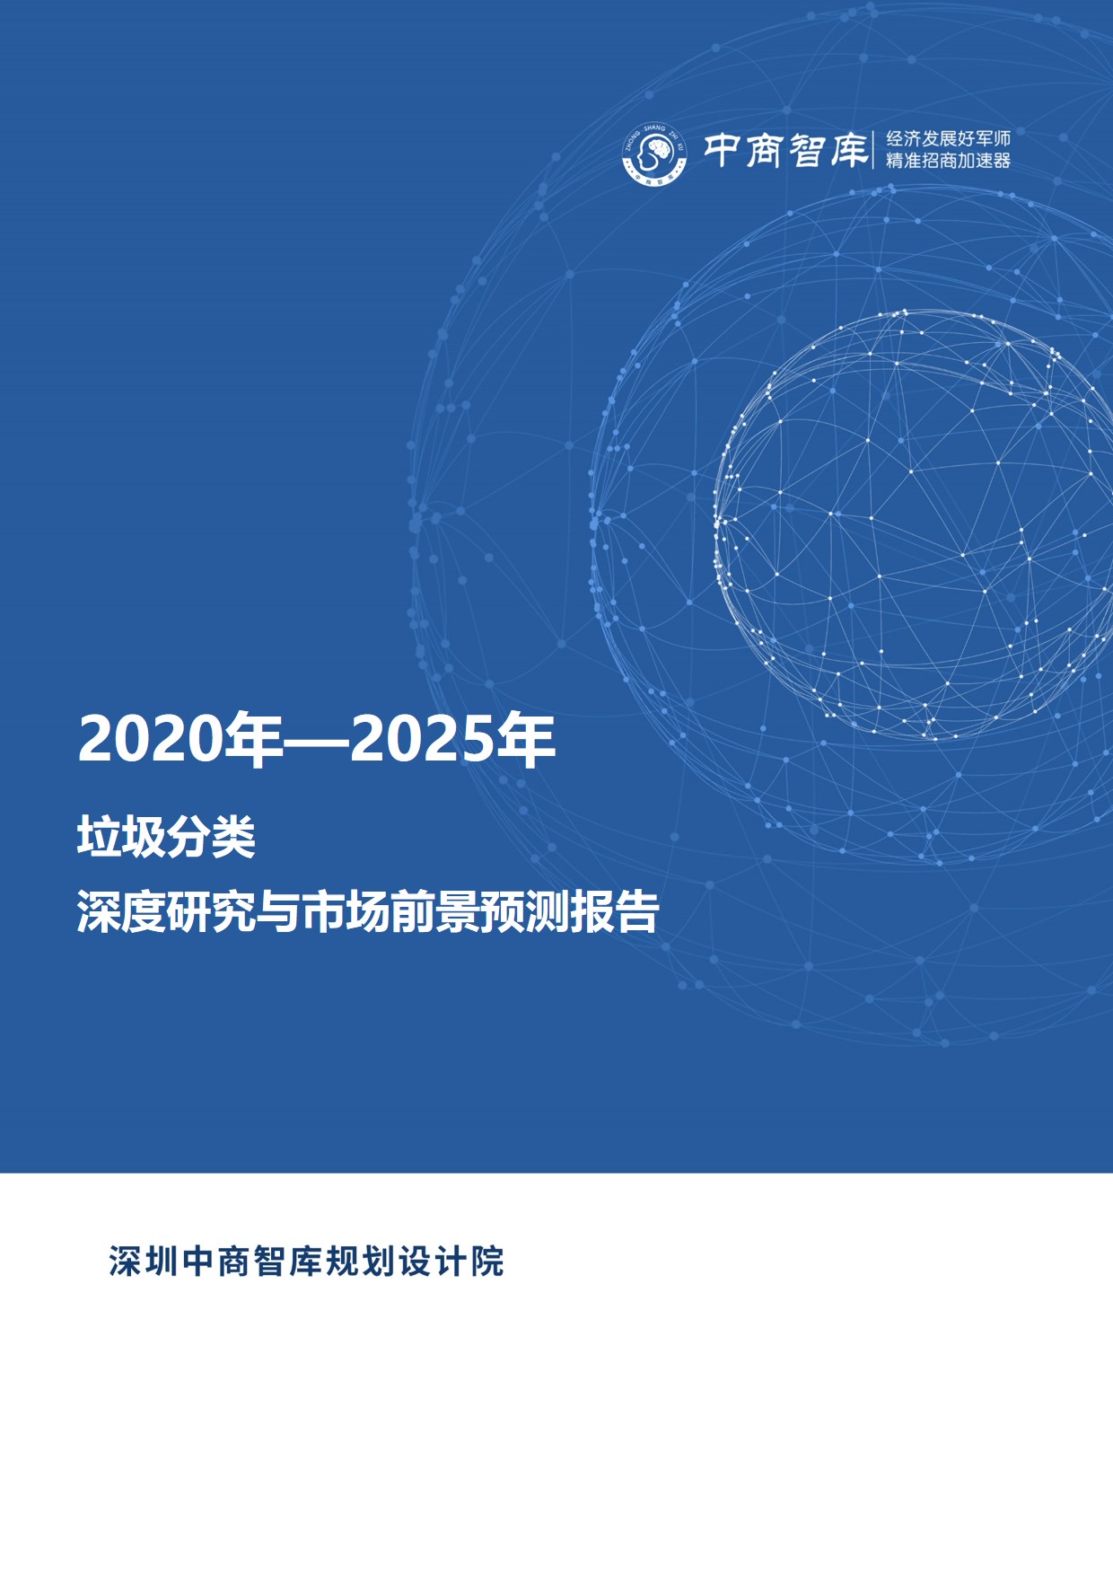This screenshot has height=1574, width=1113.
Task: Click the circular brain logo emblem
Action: click(654, 154)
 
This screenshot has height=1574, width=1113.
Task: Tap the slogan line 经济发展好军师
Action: click(948, 138)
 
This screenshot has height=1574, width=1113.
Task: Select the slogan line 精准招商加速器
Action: click(948, 161)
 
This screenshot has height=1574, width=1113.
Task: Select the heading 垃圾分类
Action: click(166, 839)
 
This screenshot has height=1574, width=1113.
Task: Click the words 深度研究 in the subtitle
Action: click(166, 912)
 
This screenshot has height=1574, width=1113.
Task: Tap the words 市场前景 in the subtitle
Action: click(390, 912)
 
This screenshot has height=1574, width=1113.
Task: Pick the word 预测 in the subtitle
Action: click(525, 912)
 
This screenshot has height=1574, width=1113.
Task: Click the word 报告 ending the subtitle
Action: click(615, 912)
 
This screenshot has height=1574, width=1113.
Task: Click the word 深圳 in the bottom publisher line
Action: click(144, 1262)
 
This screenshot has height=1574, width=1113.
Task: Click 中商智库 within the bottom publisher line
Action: click(252, 1262)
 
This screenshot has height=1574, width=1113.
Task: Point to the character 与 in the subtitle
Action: click(278, 912)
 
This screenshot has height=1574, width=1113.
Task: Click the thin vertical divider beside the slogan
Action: click(873, 149)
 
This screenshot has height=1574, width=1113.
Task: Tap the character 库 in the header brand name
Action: click(848, 150)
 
